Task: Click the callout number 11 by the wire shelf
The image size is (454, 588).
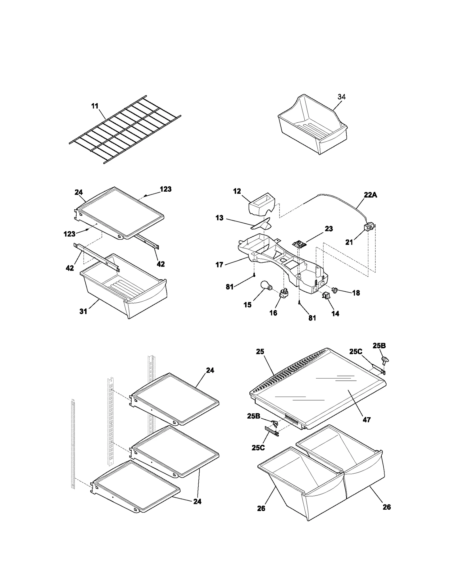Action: pyautogui.click(x=94, y=106)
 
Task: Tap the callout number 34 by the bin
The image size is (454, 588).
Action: pyautogui.click(x=341, y=97)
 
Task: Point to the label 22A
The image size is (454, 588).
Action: pyautogui.click(x=370, y=195)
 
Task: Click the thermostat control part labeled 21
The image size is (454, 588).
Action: pyautogui.click(x=369, y=228)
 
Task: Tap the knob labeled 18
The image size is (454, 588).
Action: pyautogui.click(x=335, y=290)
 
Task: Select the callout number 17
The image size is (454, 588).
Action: pyautogui.click(x=219, y=265)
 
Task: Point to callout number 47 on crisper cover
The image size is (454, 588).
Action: pyautogui.click(x=366, y=419)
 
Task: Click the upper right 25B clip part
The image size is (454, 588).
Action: pyautogui.click(x=385, y=361)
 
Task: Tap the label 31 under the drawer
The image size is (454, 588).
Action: pyautogui.click(x=83, y=311)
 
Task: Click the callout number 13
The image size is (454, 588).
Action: pyautogui.click(x=219, y=218)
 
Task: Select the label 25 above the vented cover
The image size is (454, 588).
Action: pyautogui.click(x=260, y=351)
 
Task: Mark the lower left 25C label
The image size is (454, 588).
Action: pyautogui.click(x=258, y=447)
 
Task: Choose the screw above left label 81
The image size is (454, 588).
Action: pyautogui.click(x=255, y=274)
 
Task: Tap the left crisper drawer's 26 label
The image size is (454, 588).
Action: pyautogui.click(x=261, y=508)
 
